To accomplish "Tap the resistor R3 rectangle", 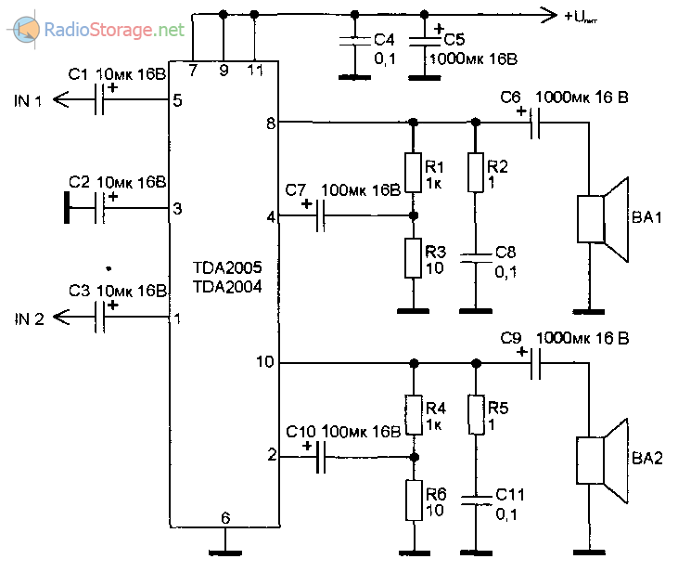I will click(413, 257).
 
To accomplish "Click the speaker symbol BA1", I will click(603, 220).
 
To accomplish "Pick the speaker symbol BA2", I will click(603, 459).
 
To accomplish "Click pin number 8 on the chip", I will click(270, 122).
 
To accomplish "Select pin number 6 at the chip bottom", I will click(224, 518).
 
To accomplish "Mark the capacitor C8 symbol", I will click(475, 258).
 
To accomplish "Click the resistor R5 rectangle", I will click(475, 415).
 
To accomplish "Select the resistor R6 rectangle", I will click(413, 500).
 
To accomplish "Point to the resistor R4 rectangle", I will click(413, 415).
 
